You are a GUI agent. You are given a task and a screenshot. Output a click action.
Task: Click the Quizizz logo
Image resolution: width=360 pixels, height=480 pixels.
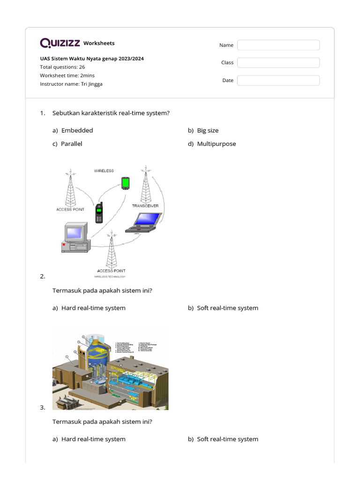(x=60, y=43)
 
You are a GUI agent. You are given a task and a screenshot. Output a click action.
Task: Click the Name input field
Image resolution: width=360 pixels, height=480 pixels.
(x=278, y=45)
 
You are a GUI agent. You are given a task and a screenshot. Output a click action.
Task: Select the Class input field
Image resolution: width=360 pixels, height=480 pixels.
(x=278, y=63)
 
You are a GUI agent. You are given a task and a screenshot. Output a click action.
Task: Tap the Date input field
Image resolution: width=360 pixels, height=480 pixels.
(x=278, y=81)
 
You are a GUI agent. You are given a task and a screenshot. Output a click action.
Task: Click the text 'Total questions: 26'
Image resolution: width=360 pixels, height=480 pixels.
(x=62, y=67)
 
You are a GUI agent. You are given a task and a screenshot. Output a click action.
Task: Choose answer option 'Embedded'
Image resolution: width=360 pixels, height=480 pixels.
(x=77, y=130)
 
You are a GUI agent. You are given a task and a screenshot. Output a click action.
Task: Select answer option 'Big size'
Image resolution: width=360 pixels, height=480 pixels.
(x=208, y=130)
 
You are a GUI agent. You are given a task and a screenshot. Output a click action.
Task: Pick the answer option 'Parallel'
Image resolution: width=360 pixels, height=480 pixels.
(x=71, y=144)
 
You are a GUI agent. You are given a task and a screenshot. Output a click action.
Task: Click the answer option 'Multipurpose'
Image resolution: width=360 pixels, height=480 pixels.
(x=216, y=144)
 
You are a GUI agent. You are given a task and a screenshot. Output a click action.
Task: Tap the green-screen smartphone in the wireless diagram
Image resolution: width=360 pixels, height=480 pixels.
(x=125, y=183)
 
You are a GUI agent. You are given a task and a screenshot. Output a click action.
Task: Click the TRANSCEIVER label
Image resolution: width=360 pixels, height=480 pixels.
(x=145, y=206)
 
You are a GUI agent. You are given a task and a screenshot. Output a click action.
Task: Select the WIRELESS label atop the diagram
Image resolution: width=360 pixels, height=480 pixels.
(x=104, y=171)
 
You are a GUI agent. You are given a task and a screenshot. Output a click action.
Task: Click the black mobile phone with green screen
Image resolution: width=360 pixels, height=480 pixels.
(x=99, y=213)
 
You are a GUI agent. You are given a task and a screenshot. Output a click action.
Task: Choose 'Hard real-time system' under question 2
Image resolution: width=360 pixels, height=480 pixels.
(x=93, y=308)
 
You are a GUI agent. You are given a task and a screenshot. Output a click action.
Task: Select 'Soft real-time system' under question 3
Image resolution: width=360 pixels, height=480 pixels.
(x=227, y=439)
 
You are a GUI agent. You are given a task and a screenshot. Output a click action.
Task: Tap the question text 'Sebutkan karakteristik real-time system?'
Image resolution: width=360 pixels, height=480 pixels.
(x=111, y=113)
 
